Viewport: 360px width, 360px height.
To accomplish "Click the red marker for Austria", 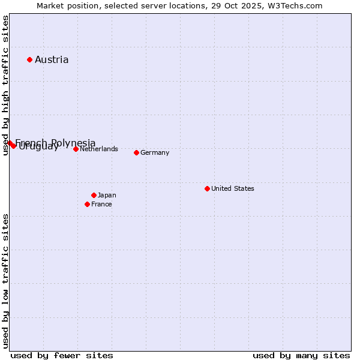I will click(x=29, y=59).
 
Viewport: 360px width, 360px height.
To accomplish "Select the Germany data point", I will click(x=136, y=152).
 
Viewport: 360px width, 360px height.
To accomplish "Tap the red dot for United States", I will click(x=207, y=188).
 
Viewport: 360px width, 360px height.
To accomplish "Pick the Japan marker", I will click(x=94, y=195).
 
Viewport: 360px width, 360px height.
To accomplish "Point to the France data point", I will click(x=87, y=204).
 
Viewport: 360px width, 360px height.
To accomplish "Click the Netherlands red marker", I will click(x=76, y=149).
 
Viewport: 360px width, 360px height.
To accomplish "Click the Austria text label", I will click(x=52, y=59).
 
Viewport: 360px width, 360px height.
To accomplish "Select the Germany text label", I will click(x=155, y=152).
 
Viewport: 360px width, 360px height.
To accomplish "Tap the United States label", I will click(x=233, y=188).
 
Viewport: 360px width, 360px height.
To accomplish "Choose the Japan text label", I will click(x=107, y=195).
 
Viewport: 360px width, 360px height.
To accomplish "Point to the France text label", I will click(x=101, y=204).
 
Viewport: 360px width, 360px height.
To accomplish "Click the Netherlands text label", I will click(x=99, y=149).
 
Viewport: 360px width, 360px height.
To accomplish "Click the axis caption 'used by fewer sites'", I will click(x=62, y=355).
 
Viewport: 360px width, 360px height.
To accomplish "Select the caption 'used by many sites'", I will click(x=301, y=355).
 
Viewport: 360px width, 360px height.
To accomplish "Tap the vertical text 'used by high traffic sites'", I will click(x=5, y=86).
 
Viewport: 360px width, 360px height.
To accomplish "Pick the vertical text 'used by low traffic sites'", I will click(x=5, y=280).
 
